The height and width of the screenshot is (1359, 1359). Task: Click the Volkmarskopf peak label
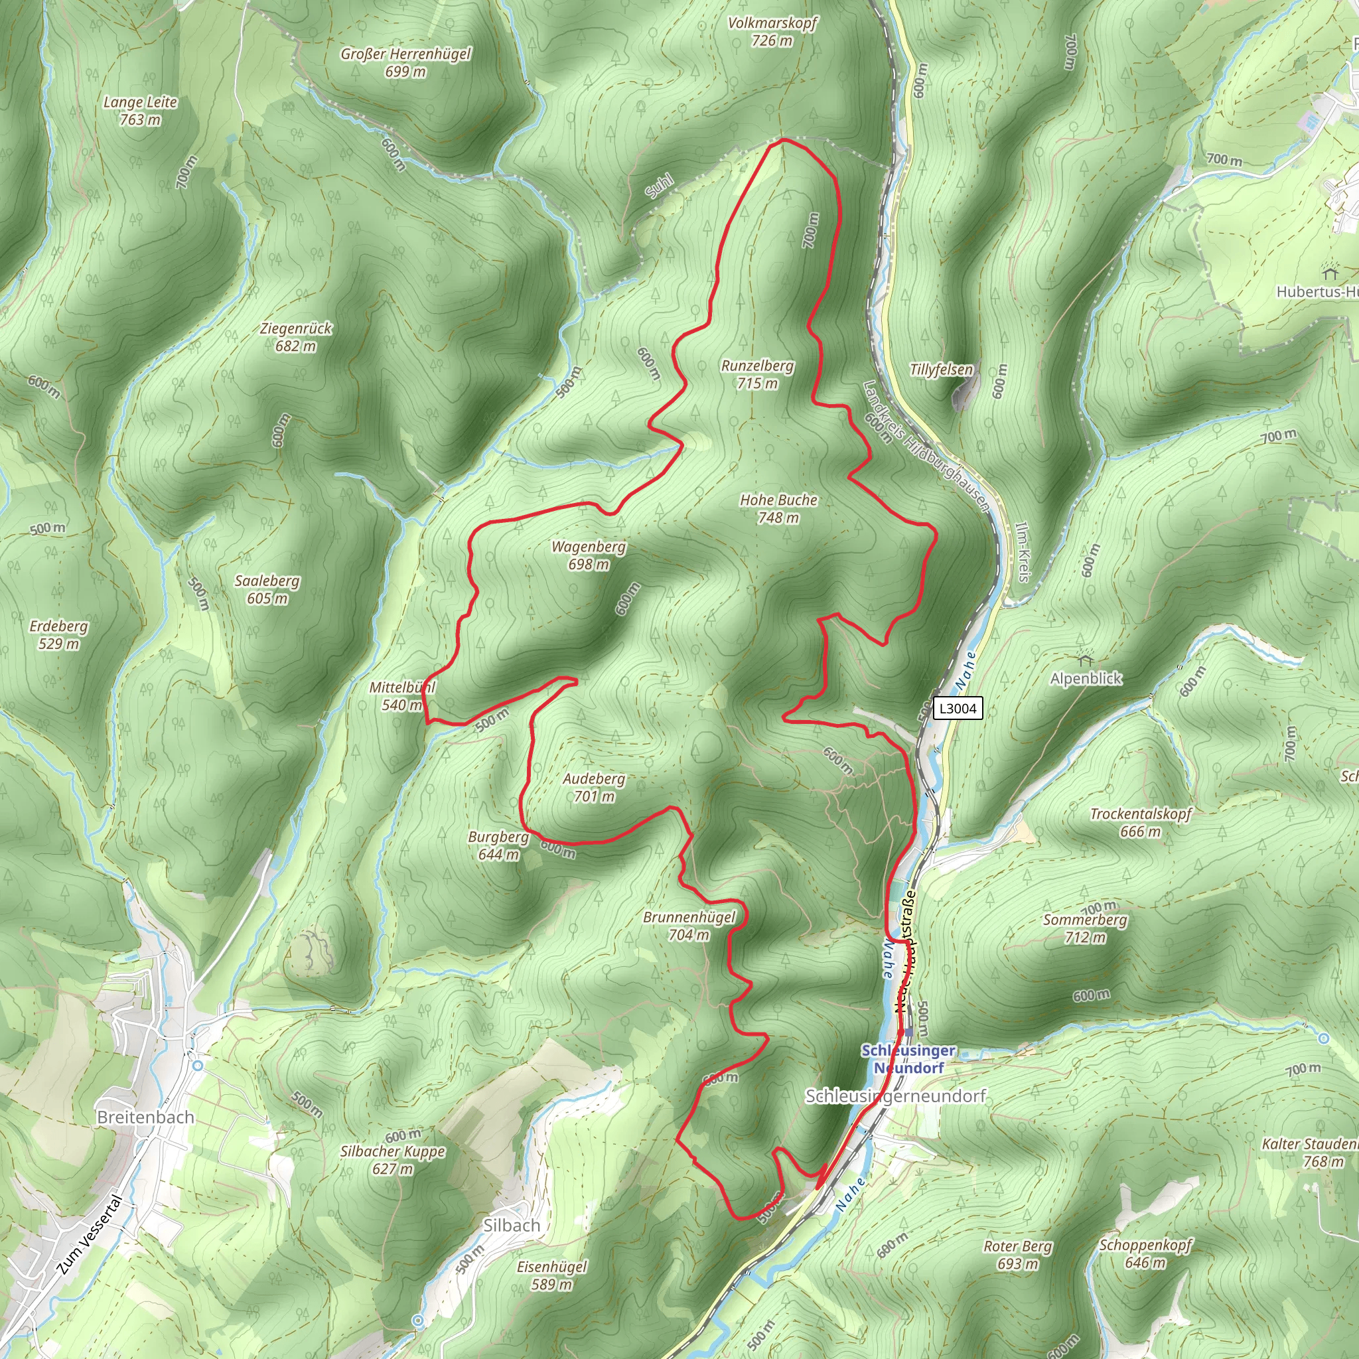[x=772, y=32]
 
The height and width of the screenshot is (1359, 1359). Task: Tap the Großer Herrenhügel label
[x=406, y=62]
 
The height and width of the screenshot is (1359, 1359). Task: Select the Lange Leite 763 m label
[x=140, y=110]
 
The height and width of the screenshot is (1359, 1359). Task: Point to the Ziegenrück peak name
[x=295, y=328]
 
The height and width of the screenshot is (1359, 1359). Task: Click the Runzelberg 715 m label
[x=758, y=374]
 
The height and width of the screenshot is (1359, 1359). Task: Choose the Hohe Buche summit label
[x=778, y=508]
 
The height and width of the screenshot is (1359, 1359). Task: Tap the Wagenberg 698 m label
[x=589, y=555]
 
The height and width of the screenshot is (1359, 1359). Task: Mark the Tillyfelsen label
[x=941, y=370]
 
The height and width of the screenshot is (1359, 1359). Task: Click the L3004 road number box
[x=958, y=708]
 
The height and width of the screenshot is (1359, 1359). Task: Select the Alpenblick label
[x=1086, y=678]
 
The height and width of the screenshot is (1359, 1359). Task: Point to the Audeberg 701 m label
[x=594, y=787]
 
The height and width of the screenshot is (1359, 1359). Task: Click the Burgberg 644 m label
[x=499, y=845]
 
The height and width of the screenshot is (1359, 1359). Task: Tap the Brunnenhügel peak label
[x=689, y=926]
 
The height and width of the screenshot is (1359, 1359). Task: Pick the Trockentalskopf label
[x=1141, y=822]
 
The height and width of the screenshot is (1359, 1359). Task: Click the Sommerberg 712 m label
[x=1086, y=928]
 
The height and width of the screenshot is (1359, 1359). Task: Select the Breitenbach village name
[x=145, y=1117]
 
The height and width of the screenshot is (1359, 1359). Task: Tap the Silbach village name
[x=512, y=1225]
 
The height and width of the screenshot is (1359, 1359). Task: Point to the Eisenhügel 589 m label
[x=551, y=1275]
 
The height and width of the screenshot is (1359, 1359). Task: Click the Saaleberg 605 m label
[x=267, y=589]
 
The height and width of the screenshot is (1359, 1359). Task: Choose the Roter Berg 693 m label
[x=1018, y=1255]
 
